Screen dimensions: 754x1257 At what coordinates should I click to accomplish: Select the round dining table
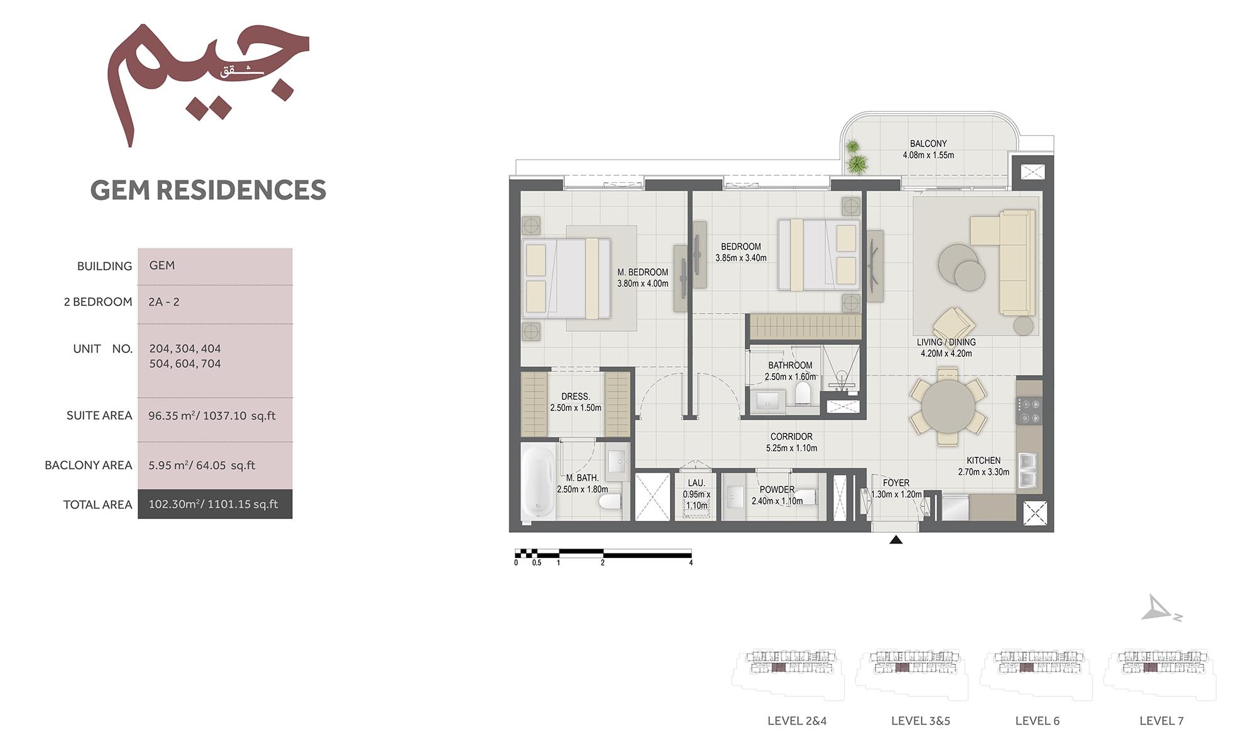948,407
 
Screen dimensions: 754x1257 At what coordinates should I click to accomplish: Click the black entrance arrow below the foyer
896,540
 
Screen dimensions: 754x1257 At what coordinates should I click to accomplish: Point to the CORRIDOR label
791,437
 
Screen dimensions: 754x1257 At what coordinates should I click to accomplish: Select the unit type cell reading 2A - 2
164,302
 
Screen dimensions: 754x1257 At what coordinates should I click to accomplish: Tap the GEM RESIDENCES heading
208,190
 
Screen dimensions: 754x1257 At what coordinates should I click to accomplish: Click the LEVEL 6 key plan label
1037,721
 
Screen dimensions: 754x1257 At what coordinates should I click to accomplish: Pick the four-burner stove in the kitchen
1029,410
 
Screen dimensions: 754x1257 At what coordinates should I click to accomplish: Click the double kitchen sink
1027,471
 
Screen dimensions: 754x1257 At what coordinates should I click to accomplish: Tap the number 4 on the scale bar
691,563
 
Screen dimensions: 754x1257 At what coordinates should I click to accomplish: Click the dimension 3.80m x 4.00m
642,283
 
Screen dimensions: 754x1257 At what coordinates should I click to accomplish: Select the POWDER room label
777,489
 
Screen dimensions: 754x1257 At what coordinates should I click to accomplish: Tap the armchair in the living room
953,325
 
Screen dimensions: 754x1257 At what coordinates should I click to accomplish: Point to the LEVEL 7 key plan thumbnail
1160,674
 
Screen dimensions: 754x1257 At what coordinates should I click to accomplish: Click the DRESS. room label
575,396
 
